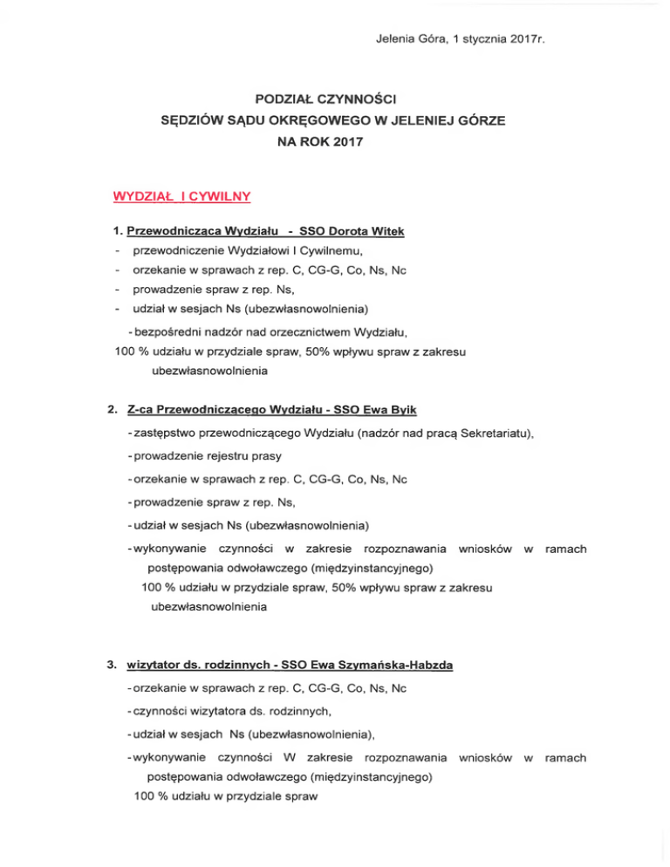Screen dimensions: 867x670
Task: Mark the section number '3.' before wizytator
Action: tap(112, 666)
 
